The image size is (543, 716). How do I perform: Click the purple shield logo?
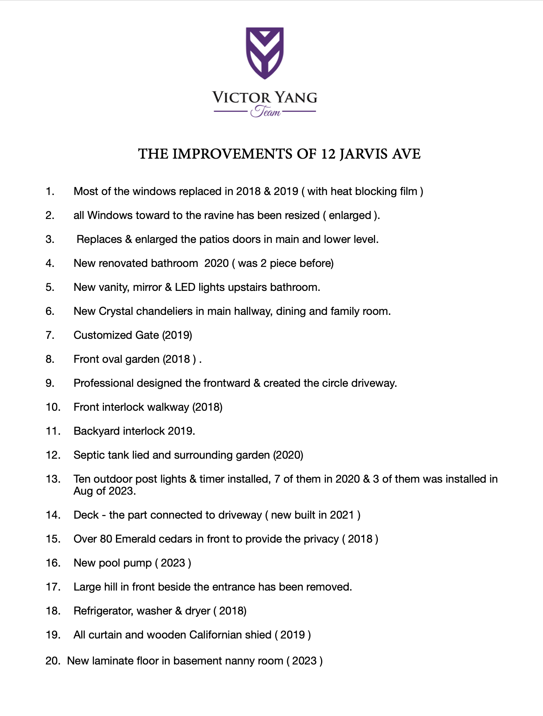coord(265,52)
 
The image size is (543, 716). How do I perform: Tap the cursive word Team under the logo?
coord(266,111)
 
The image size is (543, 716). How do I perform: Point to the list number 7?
coord(50,335)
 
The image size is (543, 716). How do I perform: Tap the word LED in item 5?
coord(185,287)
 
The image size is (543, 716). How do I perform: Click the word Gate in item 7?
coord(147,335)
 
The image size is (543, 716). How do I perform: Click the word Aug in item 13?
coord(83,491)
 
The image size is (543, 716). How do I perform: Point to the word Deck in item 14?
coord(86,515)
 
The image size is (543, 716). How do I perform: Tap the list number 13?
coord(53,479)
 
